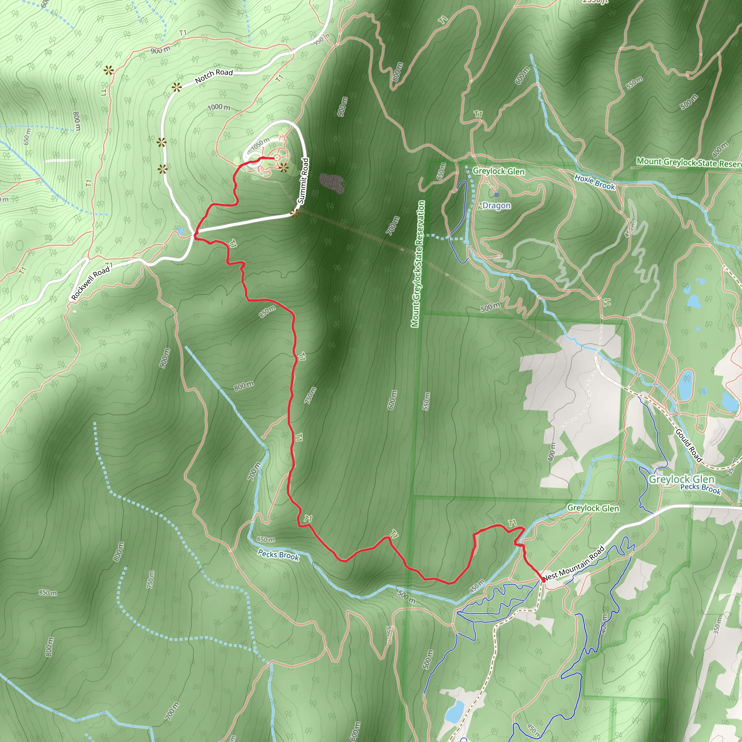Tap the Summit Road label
[303, 180]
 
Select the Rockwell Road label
[91, 283]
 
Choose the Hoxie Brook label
[595, 182]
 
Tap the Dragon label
[497, 205]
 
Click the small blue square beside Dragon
[497, 195]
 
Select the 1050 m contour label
[260, 145]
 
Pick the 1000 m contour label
[219, 107]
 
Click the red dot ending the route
[543, 580]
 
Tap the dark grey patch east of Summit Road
[331, 183]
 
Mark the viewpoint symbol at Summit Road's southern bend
[295, 213]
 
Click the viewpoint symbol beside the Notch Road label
[177, 88]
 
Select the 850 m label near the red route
[267, 312]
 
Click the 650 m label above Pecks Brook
[266, 539]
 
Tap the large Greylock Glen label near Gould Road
[681, 479]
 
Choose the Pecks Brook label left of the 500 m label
[278, 555]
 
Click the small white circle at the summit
[277, 158]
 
